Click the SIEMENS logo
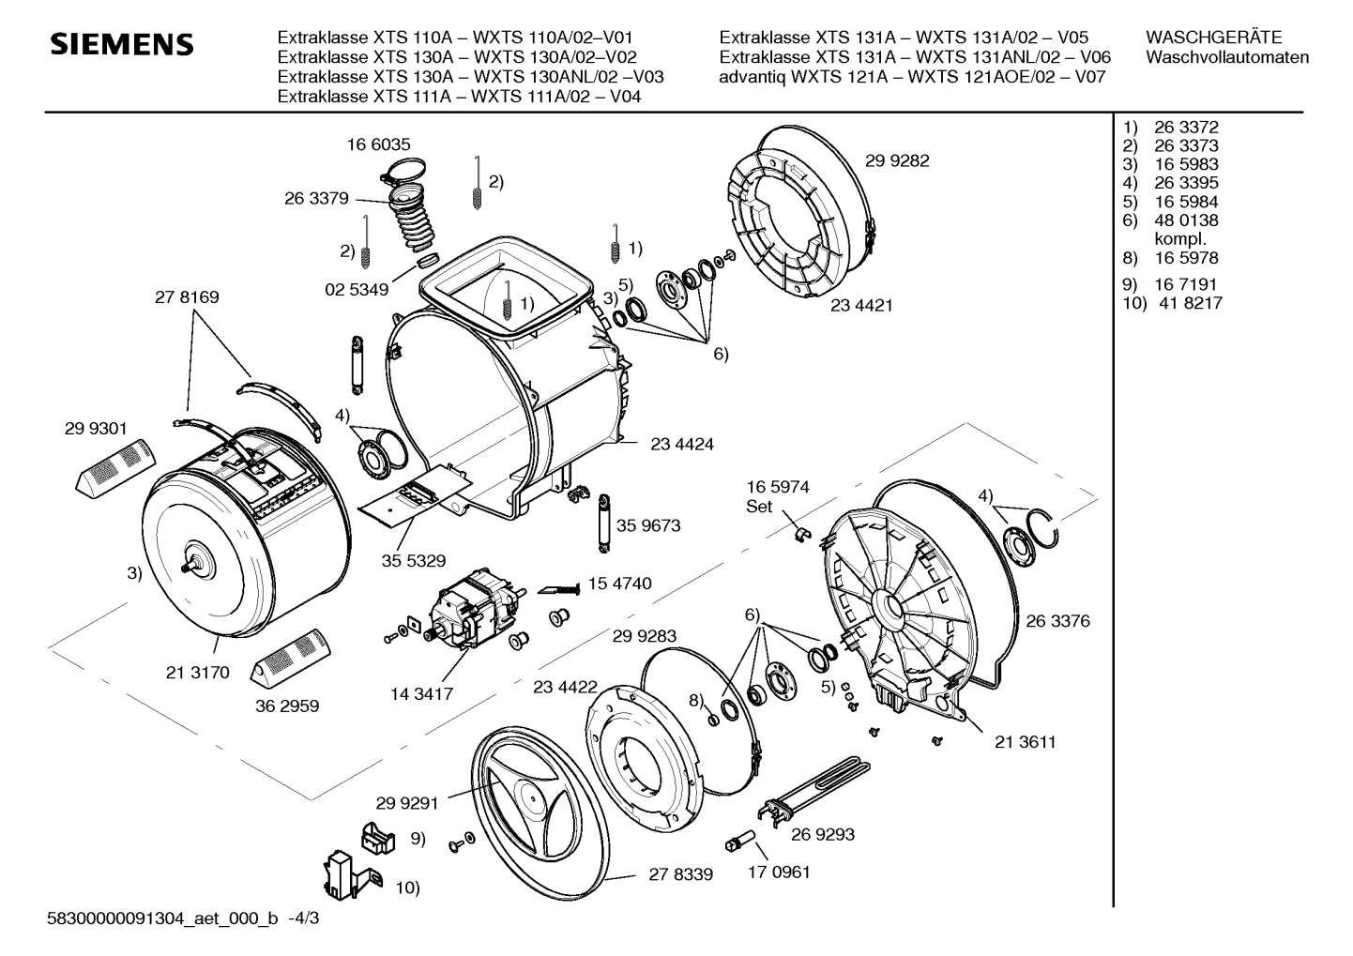click(122, 45)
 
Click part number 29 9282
click(897, 160)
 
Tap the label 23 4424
click(682, 444)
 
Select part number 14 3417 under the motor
click(421, 694)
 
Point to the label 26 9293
click(823, 834)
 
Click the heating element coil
click(816, 786)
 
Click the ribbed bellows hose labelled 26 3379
click(413, 220)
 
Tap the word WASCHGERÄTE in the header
click(1213, 38)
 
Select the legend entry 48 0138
click(1186, 220)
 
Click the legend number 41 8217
click(1191, 303)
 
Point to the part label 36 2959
click(287, 706)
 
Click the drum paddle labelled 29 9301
click(116, 469)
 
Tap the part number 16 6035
click(378, 144)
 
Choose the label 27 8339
click(681, 874)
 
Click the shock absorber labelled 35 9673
click(604, 523)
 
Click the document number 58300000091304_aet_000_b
click(162, 918)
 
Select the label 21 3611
click(1026, 741)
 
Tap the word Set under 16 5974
click(759, 506)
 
